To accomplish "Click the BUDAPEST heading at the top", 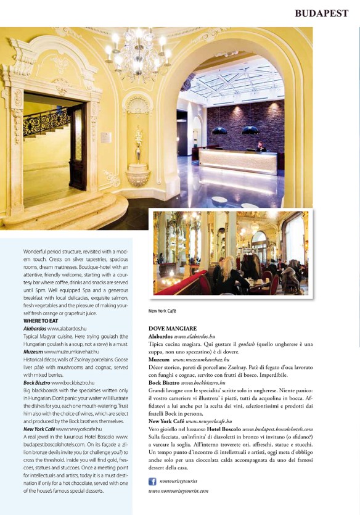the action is pos(321,12).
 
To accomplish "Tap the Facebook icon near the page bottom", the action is pos(152,480).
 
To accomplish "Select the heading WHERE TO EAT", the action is pos(41,321).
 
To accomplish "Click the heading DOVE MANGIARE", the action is pos(173,329).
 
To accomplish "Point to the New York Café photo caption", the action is pos(162,311).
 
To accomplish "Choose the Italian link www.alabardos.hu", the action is pos(195,337).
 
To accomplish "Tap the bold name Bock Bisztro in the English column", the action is pos(36,382).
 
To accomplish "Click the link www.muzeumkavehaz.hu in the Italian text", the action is pos(201,358).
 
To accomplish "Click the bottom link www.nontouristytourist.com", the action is pos(178,491).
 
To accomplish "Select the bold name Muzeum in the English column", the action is pos(33,351).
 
